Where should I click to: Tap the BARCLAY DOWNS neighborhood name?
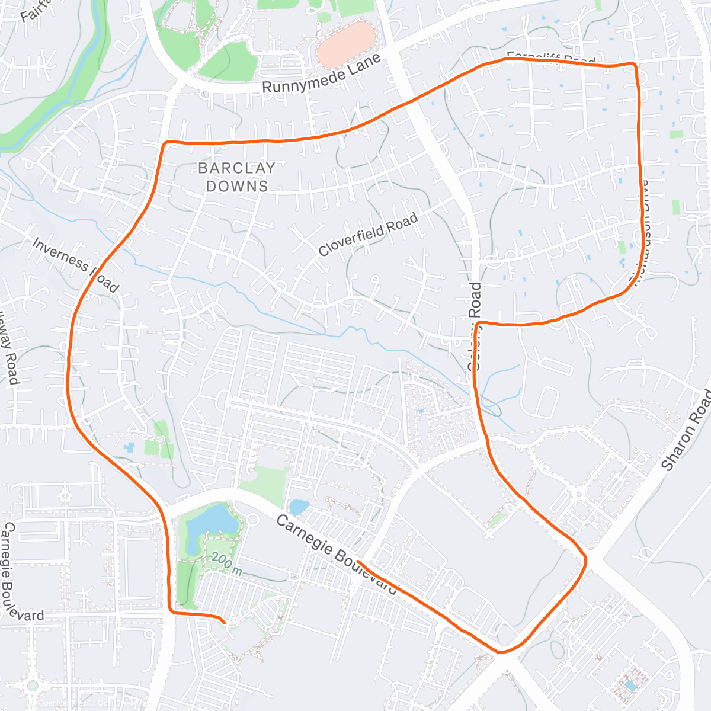[236, 177]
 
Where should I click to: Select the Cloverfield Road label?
[368, 235]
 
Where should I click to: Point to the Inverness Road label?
[75, 265]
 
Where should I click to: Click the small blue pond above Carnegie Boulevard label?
[297, 507]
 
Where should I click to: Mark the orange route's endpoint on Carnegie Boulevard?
[358, 561]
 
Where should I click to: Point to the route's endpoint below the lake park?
[225, 622]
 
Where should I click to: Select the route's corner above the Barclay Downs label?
[166, 143]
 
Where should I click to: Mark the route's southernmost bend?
[501, 652]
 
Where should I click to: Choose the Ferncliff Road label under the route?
[551, 59]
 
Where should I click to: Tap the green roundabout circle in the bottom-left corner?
[33, 686]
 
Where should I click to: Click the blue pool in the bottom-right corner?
[632, 686]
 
